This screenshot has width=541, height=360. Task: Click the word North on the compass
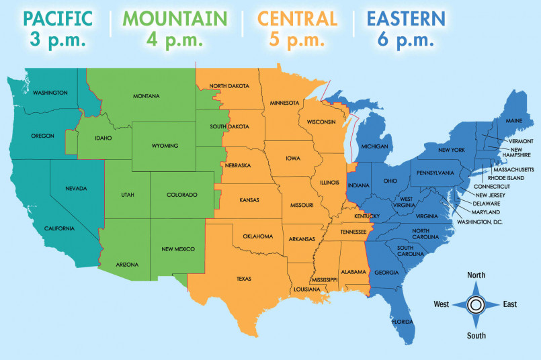pos(476,275)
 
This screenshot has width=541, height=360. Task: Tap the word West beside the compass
pos(441,304)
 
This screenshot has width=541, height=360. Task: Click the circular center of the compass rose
pos(476,304)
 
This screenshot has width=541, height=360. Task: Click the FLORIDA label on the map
pos(403,321)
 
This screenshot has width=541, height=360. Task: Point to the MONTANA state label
pos(146,96)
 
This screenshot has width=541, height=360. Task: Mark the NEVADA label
pos(76,188)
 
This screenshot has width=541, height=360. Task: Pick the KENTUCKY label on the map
pos(368,216)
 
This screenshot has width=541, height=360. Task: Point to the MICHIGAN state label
pos(374,146)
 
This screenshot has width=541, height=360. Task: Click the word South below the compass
pos(476,335)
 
